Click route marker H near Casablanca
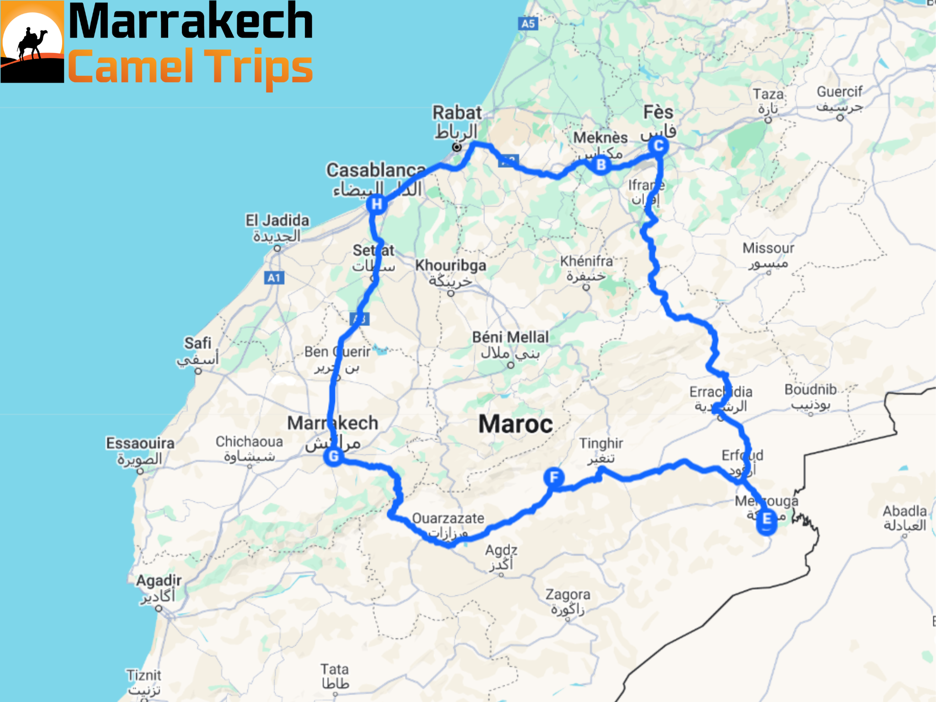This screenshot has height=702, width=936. tap(377, 204)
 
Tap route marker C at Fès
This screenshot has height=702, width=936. tap(659, 146)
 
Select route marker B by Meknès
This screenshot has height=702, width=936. tap(601, 165)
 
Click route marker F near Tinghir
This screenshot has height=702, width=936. tap(554, 478)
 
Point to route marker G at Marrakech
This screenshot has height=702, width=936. tap(334, 456)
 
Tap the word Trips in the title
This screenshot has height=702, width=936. tap(259, 68)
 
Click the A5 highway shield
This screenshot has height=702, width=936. tap(528, 24)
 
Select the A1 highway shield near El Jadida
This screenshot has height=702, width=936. tap(274, 278)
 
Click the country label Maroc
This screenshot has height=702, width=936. tap(516, 424)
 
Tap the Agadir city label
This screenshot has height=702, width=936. tap(159, 581)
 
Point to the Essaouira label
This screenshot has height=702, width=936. tap(140, 443)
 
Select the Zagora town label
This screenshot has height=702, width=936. tap(568, 595)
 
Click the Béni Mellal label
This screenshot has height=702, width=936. tap(511, 337)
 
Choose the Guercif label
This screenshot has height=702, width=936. tap(840, 92)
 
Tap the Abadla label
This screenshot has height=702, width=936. tap(904, 511)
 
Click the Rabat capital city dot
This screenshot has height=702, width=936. tap(457, 147)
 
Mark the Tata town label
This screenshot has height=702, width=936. tap(335, 670)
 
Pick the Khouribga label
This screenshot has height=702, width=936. tap(450, 265)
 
